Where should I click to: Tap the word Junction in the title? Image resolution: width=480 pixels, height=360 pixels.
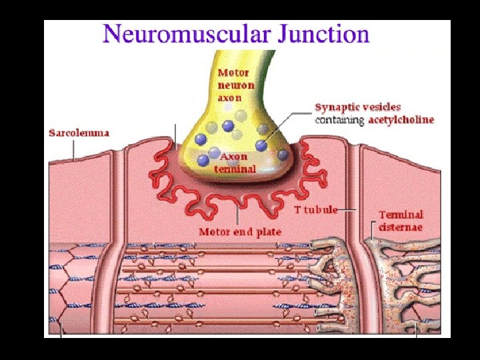tap(325, 33)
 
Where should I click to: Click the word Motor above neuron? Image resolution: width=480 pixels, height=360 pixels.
tap(233, 73)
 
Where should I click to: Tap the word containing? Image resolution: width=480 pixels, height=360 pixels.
tap(339, 120)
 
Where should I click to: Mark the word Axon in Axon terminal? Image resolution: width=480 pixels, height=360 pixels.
tap(234, 157)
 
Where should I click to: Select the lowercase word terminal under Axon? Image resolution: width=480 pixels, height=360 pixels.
tap(234, 169)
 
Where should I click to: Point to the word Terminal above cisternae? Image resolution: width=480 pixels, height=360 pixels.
tap(401, 215)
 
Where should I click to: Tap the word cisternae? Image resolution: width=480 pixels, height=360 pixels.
tap(401, 227)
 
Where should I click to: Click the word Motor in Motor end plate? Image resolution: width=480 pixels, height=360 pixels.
tap(215, 232)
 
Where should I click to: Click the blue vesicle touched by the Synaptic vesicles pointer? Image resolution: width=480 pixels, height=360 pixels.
tap(261, 145)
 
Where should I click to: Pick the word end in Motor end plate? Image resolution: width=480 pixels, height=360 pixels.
tap(243, 232)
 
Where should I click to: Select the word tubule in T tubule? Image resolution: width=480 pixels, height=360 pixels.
tap(321, 209)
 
